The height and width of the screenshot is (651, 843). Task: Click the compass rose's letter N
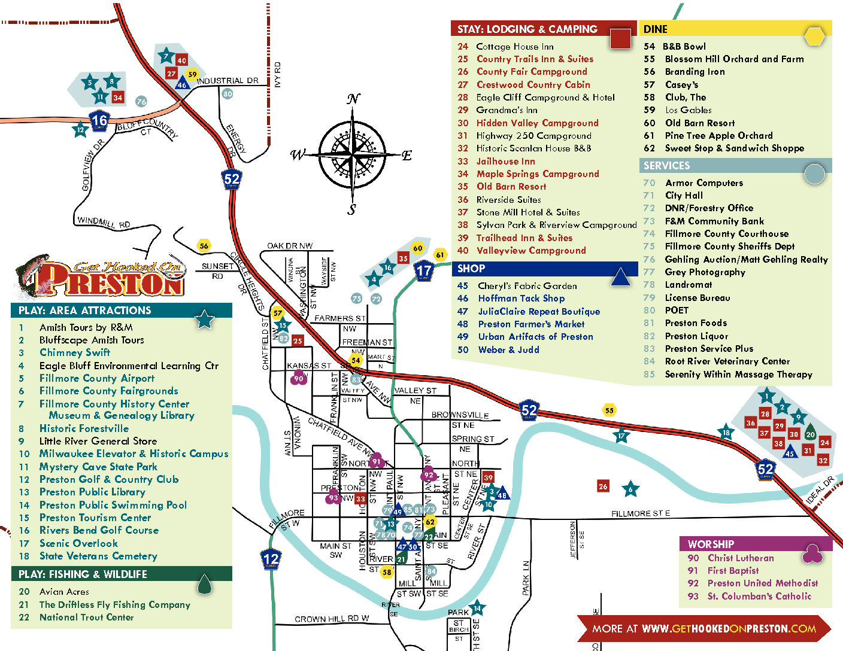click(354, 99)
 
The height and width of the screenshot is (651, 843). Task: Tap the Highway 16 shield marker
click(99, 121)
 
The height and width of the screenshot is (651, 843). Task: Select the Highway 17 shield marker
click(424, 270)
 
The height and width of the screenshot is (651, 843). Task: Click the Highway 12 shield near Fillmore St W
click(271, 559)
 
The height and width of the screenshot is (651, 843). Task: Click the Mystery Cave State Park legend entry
click(98, 467)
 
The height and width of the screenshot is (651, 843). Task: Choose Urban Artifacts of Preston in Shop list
click(535, 337)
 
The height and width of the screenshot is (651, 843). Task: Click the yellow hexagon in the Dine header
click(814, 36)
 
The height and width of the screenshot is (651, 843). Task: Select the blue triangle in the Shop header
click(620, 277)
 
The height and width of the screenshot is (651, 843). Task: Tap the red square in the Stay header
click(620, 38)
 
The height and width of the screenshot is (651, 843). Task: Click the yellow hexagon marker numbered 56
click(204, 245)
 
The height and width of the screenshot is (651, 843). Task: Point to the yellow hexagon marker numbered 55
click(609, 410)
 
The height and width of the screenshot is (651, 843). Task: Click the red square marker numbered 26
click(603, 486)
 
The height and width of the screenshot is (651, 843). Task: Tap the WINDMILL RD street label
click(104, 222)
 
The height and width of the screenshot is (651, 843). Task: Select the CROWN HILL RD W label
click(332, 619)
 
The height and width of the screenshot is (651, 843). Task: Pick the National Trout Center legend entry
click(86, 617)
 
